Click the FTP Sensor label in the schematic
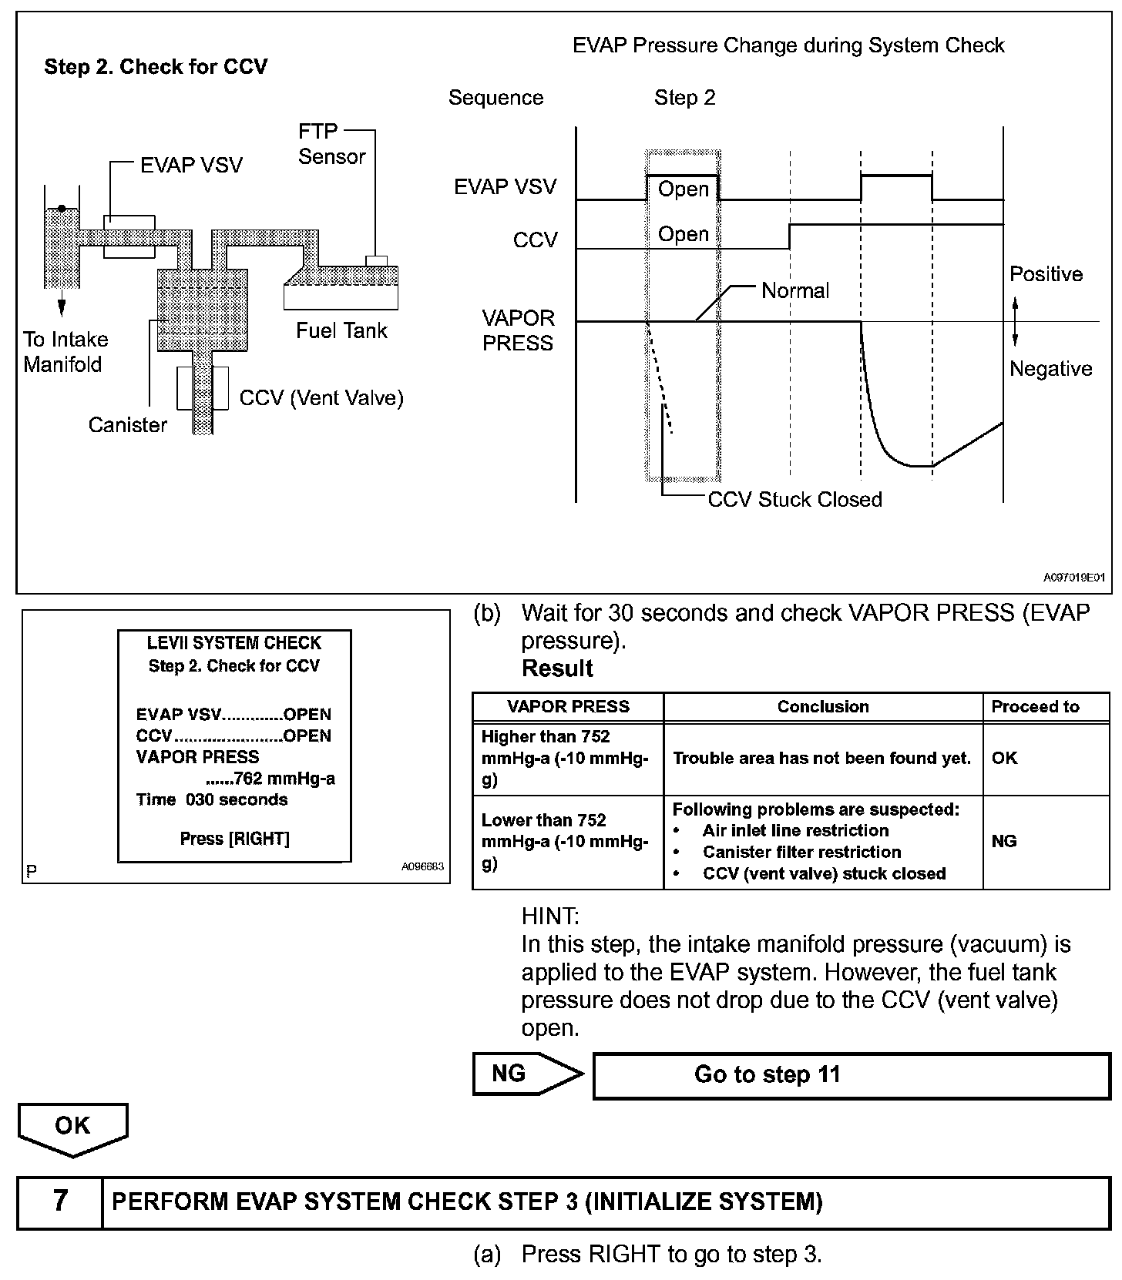331,144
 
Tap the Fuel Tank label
341,330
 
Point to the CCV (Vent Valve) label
321,397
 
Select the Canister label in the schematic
128,424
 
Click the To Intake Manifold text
65,351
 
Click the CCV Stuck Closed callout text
794,499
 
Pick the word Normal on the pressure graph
795,290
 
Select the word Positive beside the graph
1046,274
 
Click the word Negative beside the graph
1050,369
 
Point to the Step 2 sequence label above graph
684,98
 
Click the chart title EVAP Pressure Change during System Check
788,45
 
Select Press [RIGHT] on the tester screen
234,839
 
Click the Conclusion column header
822,706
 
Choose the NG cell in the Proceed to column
1004,841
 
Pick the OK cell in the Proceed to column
1004,758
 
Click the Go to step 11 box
851,1074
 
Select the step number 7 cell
60,1201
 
